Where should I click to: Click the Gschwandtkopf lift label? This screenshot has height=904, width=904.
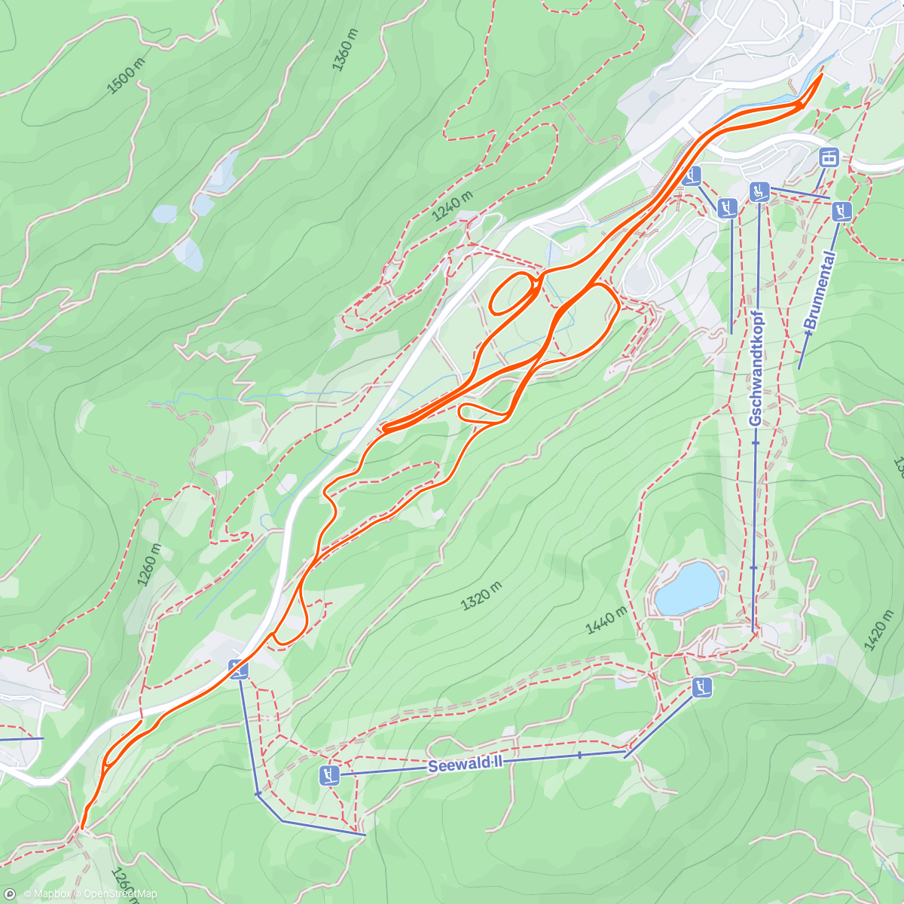(756, 369)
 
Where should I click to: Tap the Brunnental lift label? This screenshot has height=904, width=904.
(820, 291)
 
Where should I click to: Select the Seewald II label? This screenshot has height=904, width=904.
(465, 765)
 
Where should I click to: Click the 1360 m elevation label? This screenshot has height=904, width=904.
(344, 50)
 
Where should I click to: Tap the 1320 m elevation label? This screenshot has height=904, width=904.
(481, 595)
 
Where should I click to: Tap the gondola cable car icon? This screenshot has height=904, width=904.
(829, 158)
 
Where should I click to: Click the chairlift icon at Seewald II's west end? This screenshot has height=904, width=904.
(328, 774)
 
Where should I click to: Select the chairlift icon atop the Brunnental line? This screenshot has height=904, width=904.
(842, 211)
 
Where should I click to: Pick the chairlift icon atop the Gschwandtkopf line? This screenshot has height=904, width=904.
(759, 191)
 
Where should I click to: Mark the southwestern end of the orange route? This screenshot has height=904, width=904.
(82, 827)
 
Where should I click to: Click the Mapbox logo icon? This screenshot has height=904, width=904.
(10, 894)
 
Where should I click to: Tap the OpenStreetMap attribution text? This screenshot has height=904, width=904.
(121, 894)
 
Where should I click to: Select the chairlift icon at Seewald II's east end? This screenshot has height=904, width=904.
(702, 687)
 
